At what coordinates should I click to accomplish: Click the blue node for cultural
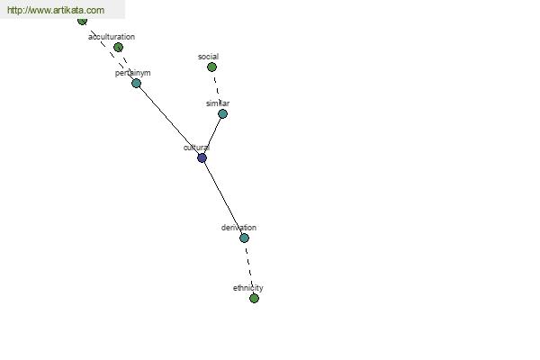click(202, 158)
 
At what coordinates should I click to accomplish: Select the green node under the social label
click(211, 67)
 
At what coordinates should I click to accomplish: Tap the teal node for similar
click(222, 114)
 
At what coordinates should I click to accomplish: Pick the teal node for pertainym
click(137, 84)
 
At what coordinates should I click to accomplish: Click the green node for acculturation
click(118, 47)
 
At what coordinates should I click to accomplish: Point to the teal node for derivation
click(244, 238)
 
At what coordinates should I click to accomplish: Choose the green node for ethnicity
click(254, 298)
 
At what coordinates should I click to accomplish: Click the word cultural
click(196, 148)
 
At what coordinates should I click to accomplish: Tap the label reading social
click(209, 57)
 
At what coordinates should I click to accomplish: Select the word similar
click(218, 103)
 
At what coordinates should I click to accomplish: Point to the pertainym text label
click(132, 73)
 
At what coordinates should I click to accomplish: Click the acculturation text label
click(112, 37)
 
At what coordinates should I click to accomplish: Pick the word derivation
click(238, 228)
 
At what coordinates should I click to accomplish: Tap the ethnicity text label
click(248, 288)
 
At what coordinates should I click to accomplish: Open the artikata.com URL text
click(56, 10)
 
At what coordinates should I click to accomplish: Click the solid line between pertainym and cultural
click(169, 121)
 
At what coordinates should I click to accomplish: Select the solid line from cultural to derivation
click(223, 198)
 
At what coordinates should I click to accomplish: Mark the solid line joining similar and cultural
click(212, 136)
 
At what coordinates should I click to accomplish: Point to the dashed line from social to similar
click(217, 90)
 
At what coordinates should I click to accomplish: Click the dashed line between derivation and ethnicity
click(249, 268)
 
